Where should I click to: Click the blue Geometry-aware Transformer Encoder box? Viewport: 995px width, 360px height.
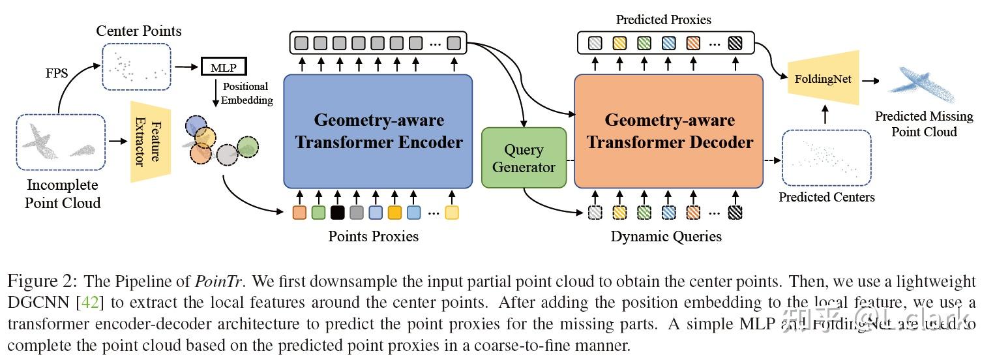point(378,131)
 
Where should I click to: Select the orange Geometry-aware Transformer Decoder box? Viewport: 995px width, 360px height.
point(668,131)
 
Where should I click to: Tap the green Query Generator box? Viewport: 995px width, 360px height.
point(524,158)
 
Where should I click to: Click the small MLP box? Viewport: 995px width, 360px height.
point(224,67)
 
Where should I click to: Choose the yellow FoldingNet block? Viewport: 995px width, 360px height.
point(823,80)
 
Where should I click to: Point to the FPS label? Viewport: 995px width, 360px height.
point(56,73)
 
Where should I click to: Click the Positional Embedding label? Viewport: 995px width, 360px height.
point(246,93)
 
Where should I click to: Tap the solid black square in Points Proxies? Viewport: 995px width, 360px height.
point(337,212)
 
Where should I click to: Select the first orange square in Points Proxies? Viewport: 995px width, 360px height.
point(299,212)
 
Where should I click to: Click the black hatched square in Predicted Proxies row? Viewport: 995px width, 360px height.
point(735,44)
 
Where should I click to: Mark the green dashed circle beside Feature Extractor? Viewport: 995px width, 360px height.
point(248,147)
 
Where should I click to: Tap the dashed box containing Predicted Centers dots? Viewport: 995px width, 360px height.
point(826,157)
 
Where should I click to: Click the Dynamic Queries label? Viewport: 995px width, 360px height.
point(666,236)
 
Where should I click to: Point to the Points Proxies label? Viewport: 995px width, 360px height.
point(374,236)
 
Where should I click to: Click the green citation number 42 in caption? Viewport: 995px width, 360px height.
point(87,303)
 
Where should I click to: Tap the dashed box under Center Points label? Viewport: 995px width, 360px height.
point(136,66)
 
